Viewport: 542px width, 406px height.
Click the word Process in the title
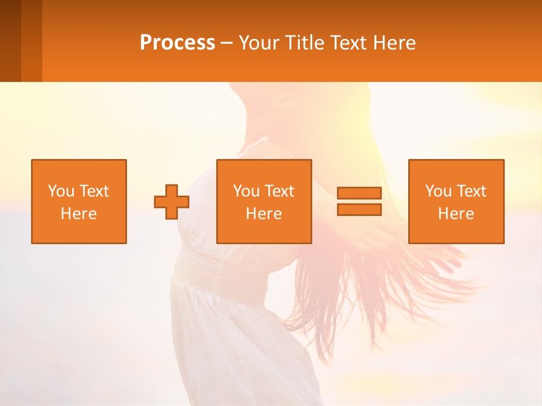177,43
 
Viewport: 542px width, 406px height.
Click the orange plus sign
172,202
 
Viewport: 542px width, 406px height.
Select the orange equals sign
359,201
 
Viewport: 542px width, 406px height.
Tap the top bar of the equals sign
359,193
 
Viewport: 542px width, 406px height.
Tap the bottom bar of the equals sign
359,209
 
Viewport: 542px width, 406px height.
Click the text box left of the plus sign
79,201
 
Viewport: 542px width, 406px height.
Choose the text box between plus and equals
264,201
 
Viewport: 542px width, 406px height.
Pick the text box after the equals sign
456,201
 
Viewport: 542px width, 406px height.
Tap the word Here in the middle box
264,214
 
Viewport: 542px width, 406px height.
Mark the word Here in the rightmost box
456,214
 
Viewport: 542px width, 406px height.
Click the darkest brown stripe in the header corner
10,41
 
